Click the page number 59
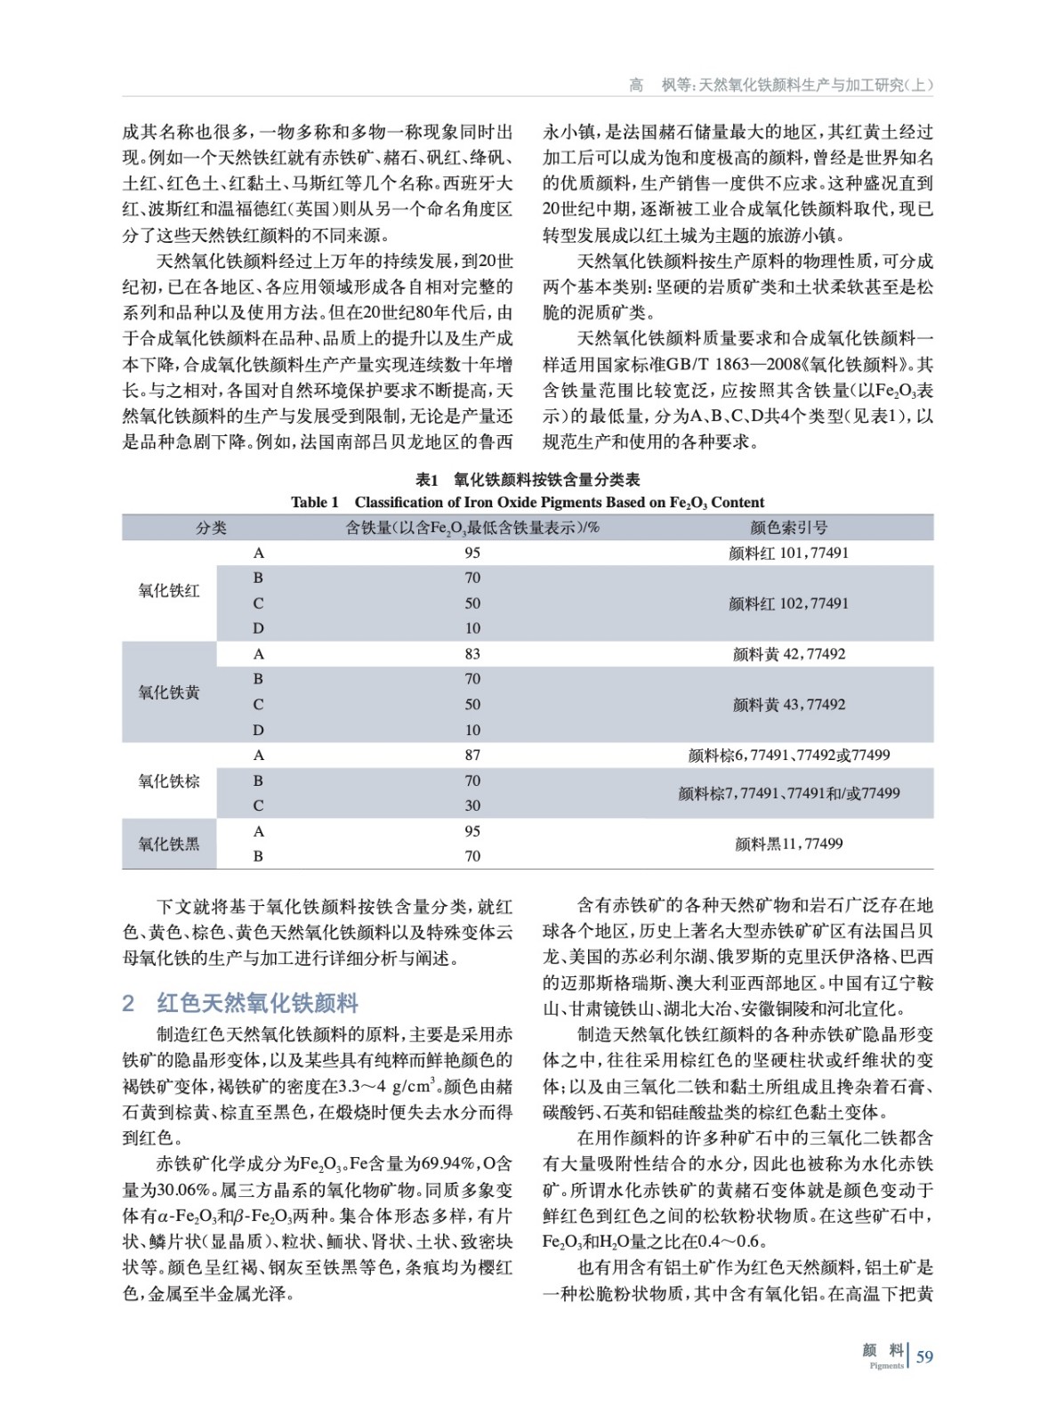click(924, 1356)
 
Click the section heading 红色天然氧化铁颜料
click(257, 1003)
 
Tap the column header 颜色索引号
click(788, 528)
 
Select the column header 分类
click(211, 528)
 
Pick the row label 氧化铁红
click(169, 590)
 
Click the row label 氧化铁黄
click(169, 692)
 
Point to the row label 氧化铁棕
click(169, 781)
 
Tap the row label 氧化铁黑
click(169, 844)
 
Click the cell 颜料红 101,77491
click(788, 553)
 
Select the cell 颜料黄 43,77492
click(788, 704)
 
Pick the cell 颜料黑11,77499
click(788, 844)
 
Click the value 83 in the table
click(472, 654)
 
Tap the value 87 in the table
click(472, 755)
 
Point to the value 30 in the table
click(472, 805)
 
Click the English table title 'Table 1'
click(314, 502)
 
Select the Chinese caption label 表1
click(427, 480)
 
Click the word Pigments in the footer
click(886, 1365)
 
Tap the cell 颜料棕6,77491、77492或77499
click(788, 755)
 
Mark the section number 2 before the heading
click(128, 1003)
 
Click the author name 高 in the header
click(635, 85)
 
